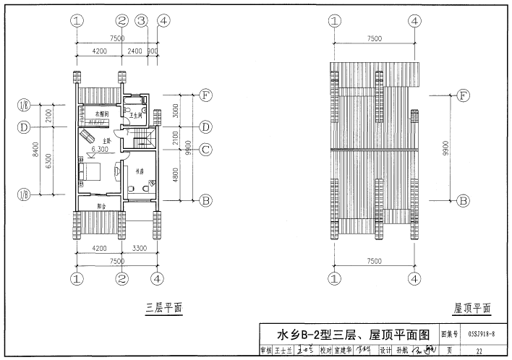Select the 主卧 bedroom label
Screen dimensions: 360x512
(x=106, y=140)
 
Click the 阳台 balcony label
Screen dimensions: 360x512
(x=103, y=206)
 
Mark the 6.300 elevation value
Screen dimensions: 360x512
(x=100, y=150)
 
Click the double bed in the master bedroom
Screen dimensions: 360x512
(x=90, y=171)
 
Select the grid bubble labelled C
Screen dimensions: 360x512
(x=205, y=150)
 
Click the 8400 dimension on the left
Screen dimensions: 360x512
(x=38, y=149)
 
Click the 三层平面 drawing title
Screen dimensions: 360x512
(x=163, y=309)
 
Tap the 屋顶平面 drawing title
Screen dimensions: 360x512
(x=472, y=309)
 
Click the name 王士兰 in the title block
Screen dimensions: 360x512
(x=281, y=351)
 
